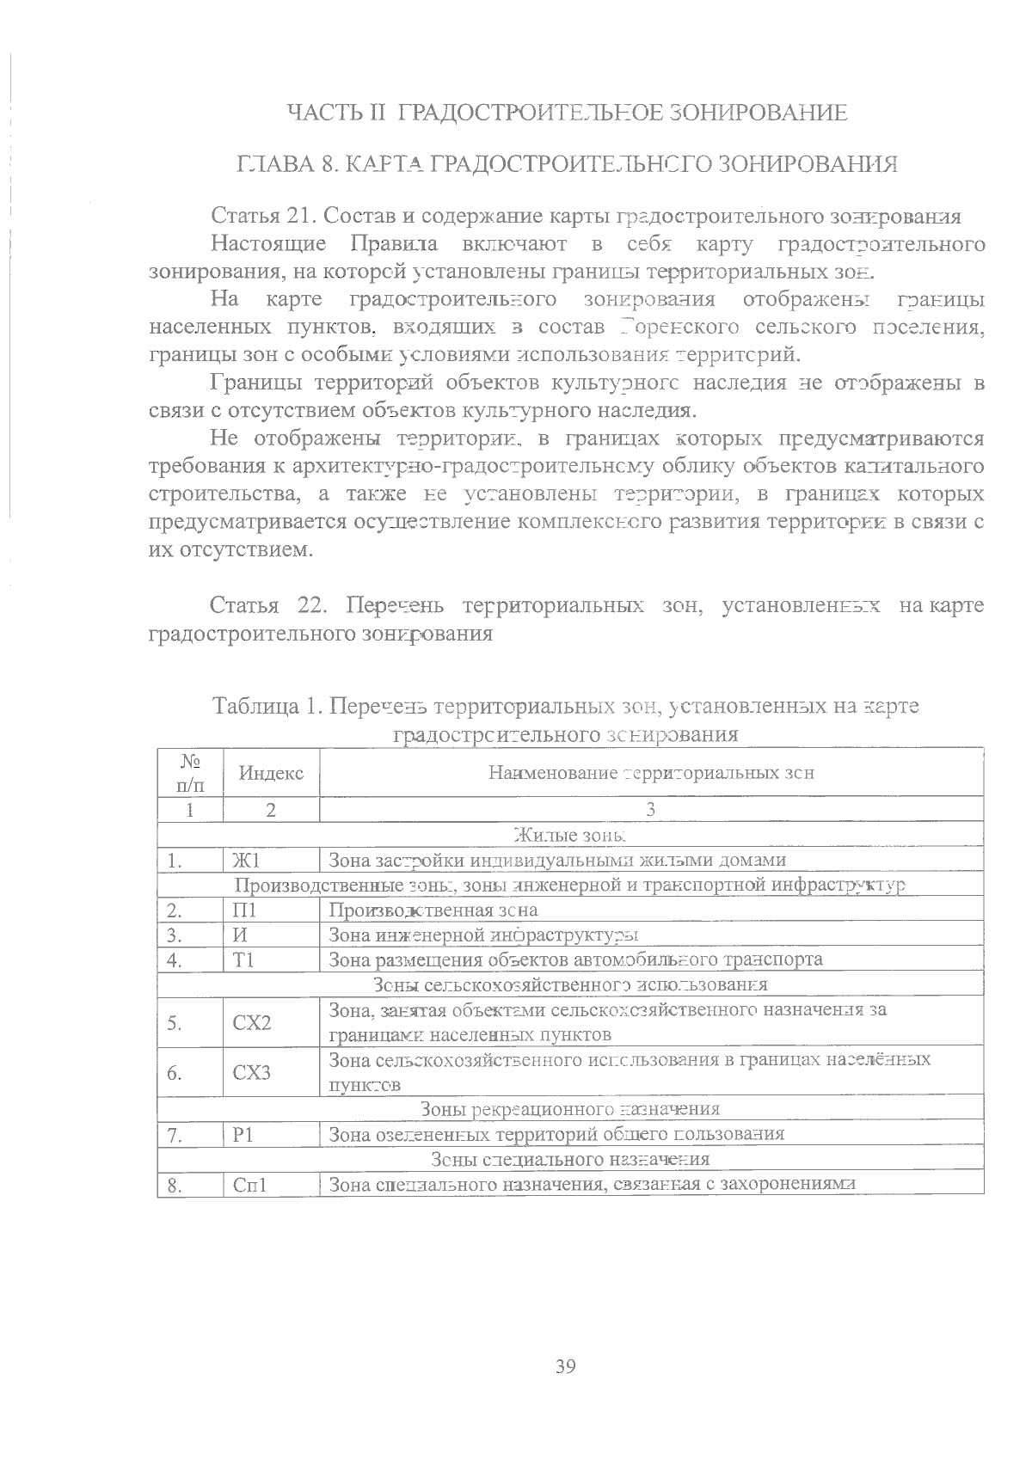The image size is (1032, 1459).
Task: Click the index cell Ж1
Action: [x=246, y=861]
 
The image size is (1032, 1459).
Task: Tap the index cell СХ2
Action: [x=252, y=1022]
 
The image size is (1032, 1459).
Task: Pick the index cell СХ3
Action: [x=252, y=1072]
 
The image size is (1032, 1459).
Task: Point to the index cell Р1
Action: [x=243, y=1134]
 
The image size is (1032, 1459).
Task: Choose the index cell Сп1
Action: [x=250, y=1184]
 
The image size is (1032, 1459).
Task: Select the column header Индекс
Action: [x=271, y=773]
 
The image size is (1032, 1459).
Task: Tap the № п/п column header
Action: [x=190, y=773]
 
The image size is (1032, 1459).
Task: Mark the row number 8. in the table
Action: [x=175, y=1184]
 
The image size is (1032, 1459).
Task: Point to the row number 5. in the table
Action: [x=175, y=1022]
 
